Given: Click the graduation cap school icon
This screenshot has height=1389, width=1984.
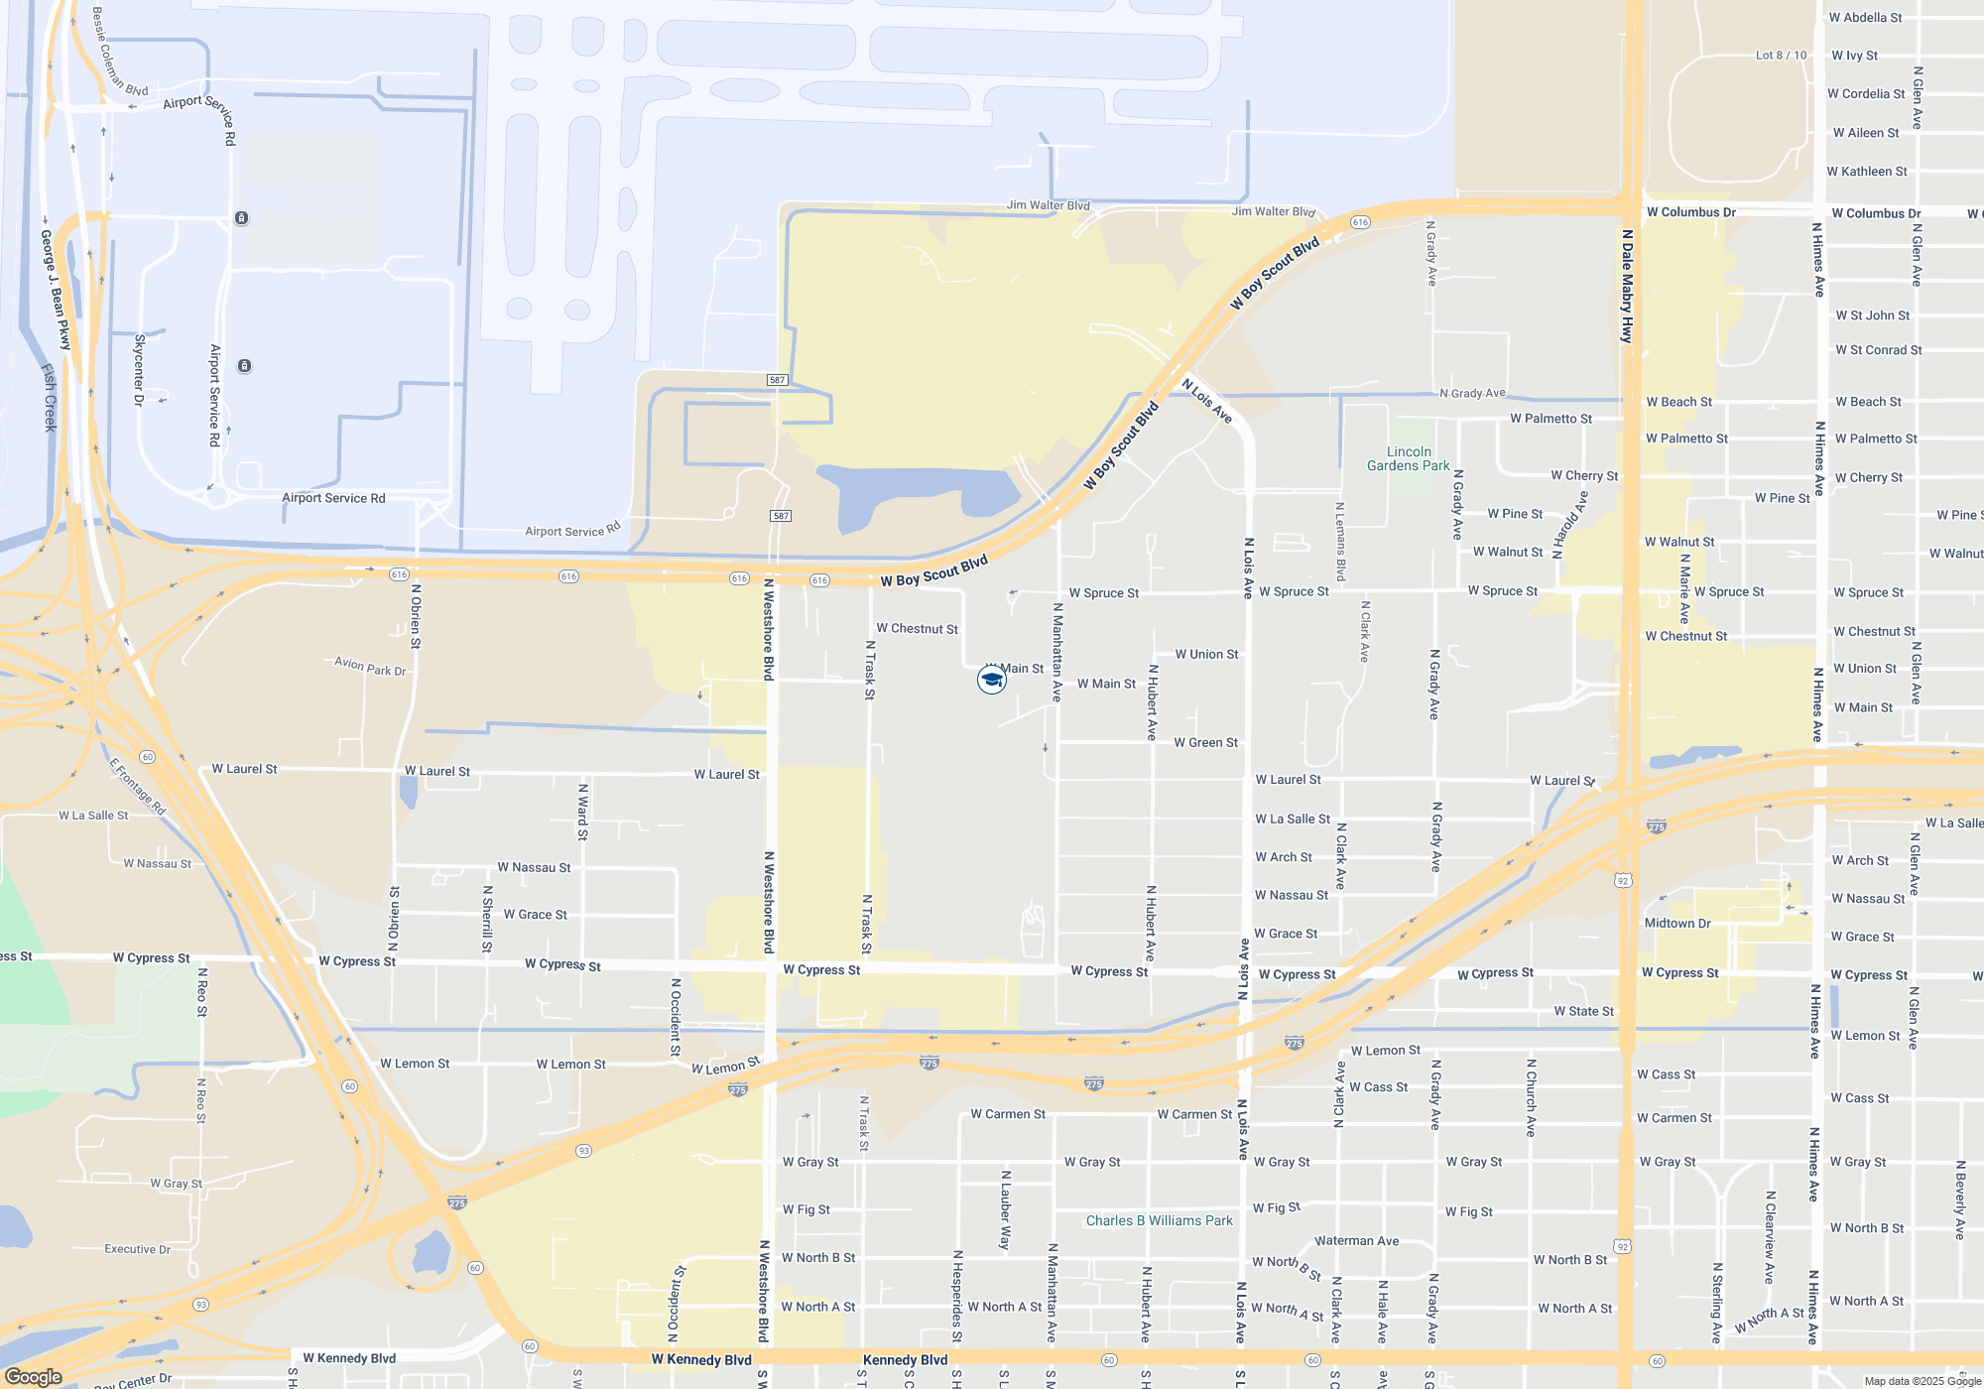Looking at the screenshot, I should [x=991, y=680].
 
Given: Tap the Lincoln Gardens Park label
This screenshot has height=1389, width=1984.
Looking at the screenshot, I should [x=1408, y=458].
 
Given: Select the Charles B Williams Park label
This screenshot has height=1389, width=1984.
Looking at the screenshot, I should [x=1159, y=1220].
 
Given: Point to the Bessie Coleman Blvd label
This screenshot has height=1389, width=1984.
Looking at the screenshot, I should [x=119, y=53].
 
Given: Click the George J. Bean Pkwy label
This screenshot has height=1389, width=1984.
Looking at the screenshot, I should [x=56, y=290].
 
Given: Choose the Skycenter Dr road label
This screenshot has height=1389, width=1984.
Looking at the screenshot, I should [x=140, y=370].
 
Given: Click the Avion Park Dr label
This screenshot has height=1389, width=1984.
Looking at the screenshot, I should [x=370, y=666].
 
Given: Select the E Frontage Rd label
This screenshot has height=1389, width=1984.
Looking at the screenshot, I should [x=137, y=787].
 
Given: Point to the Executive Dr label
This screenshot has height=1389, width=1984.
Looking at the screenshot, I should [x=137, y=1249].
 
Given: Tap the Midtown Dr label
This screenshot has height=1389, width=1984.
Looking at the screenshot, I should [x=1677, y=923].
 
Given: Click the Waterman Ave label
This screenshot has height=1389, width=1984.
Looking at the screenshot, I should [x=1356, y=1240].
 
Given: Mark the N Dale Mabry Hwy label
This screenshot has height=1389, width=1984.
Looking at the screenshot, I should [x=1627, y=287].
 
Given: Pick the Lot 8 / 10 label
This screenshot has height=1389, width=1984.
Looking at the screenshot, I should [x=1781, y=56].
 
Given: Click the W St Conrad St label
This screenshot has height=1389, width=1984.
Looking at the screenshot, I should [x=1878, y=350].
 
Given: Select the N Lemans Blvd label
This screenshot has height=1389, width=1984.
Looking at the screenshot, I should [x=1340, y=541].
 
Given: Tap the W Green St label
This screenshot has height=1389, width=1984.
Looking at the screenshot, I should [x=1205, y=742].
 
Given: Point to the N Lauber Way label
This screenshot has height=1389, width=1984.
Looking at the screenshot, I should [x=1005, y=1209].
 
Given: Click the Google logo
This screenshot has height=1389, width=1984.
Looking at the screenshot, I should [x=34, y=1377].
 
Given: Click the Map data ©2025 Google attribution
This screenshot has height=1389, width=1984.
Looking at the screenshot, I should [x=1922, y=1381].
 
